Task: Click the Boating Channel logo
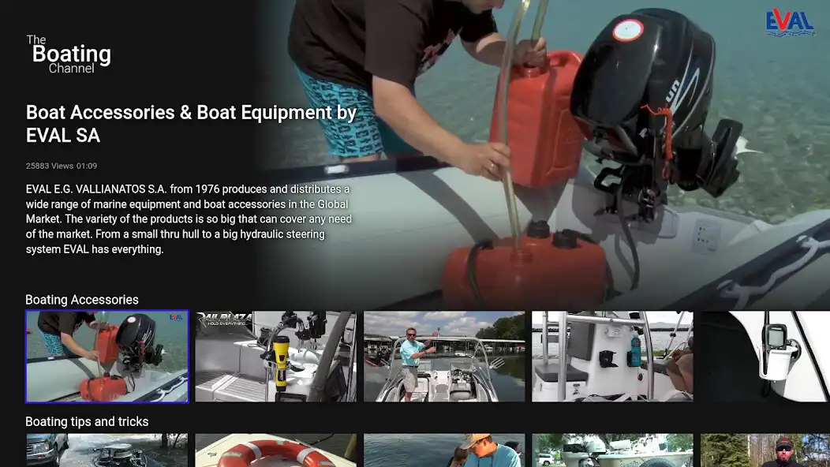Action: (x=69, y=54)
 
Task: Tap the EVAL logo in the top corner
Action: (x=790, y=22)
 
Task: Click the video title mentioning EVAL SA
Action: (x=191, y=124)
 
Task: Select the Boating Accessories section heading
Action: (x=82, y=300)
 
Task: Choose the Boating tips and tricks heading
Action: (x=87, y=421)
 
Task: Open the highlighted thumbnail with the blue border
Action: (x=107, y=357)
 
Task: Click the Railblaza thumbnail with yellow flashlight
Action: (x=275, y=357)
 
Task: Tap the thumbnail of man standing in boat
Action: (x=444, y=357)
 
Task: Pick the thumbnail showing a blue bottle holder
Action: (x=612, y=357)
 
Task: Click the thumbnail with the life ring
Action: (x=275, y=450)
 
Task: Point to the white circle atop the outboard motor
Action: (x=628, y=30)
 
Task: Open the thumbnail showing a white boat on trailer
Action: (x=612, y=450)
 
